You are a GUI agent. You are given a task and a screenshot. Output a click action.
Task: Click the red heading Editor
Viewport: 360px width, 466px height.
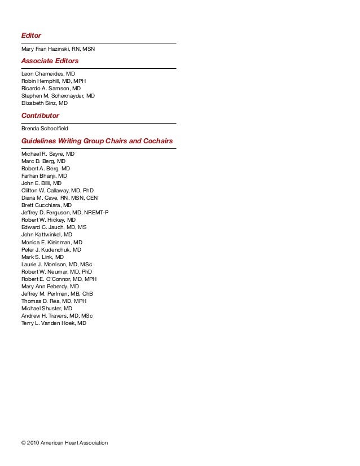pos(31,36)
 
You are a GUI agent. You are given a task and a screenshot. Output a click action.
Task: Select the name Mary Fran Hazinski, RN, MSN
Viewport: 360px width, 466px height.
pos(58,49)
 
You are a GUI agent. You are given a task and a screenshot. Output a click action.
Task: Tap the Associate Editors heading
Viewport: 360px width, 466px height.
pos(50,60)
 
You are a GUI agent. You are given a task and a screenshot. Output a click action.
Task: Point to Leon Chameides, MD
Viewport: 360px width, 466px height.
pos(48,74)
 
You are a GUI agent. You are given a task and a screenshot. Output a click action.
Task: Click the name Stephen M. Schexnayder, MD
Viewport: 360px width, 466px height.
pos(58,96)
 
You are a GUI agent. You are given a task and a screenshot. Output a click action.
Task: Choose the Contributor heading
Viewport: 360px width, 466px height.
pos(40,115)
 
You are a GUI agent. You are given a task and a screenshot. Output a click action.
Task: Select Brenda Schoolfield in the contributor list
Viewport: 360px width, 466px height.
pos(45,129)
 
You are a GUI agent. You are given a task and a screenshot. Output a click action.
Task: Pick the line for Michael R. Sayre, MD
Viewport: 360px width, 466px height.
pos(48,153)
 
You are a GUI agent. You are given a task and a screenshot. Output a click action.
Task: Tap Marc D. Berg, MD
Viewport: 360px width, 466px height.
pos(43,161)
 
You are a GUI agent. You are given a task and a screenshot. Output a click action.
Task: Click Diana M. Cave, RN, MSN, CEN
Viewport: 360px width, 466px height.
pos(59,198)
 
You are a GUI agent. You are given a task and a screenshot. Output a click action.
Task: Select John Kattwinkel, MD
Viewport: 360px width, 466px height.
pos(47,235)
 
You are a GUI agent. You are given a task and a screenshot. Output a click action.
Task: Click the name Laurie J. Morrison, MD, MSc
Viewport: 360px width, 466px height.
pos(57,264)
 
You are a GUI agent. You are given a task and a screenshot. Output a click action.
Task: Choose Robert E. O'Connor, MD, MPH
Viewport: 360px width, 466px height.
pos(59,279)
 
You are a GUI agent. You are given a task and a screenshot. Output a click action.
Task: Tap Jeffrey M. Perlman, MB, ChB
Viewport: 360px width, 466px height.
pos(57,294)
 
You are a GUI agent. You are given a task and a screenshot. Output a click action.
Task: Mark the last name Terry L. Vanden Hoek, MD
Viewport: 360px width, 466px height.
pos(54,323)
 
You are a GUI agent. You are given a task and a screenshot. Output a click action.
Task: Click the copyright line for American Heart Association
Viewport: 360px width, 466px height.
pos(64,442)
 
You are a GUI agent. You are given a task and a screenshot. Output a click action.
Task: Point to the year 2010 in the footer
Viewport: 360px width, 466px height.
pos(34,442)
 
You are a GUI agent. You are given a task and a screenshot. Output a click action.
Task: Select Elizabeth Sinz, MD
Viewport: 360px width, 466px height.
pos(45,103)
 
